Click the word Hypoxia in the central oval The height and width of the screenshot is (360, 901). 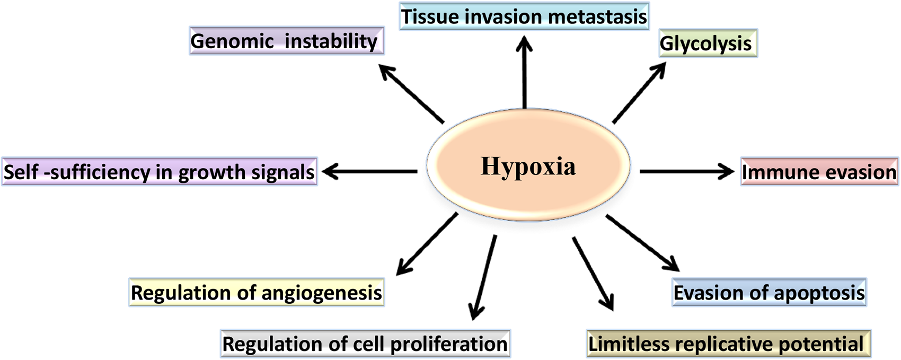[528, 166]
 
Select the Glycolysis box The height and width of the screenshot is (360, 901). [707, 43]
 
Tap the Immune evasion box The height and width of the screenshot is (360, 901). [819, 172]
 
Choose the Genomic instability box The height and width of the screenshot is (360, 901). [286, 41]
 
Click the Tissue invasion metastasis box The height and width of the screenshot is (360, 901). [524, 16]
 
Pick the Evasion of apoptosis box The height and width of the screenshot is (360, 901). [769, 292]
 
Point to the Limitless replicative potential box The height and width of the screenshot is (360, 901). [728, 344]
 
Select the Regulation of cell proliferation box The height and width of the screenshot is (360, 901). [365, 344]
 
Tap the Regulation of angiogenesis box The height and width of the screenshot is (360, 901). [256, 293]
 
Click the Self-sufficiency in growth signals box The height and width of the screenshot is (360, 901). [159, 172]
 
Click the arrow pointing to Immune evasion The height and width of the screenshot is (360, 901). [686, 171]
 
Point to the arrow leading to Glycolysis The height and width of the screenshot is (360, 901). [639, 93]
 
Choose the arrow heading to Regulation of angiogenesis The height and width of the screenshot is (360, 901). [427, 244]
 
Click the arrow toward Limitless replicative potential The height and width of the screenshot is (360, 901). [593, 273]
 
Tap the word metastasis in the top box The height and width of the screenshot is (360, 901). [597, 16]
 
